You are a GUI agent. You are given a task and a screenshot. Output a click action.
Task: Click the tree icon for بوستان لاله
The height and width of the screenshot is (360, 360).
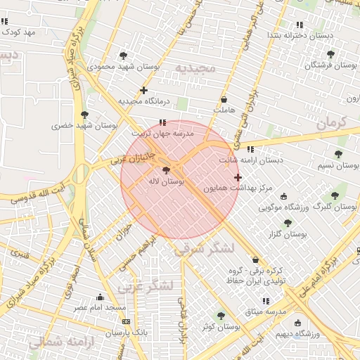(x=166, y=170)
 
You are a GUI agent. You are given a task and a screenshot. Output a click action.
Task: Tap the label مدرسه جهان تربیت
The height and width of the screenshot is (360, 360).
(x=162, y=133)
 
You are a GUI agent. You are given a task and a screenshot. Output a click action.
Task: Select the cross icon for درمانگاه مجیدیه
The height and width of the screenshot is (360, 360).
(x=143, y=90)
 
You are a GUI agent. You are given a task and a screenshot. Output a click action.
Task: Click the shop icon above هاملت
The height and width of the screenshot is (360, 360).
(x=224, y=100)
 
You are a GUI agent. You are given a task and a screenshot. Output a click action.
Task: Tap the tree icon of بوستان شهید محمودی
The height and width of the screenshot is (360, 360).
(x=124, y=55)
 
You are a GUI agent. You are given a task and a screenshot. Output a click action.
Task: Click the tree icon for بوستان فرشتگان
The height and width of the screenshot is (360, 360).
(x=330, y=54)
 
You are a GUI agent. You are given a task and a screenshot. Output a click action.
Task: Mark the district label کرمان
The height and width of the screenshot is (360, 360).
(x=332, y=122)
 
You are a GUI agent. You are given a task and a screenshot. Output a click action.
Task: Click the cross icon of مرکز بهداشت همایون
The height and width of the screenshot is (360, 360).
(x=238, y=177)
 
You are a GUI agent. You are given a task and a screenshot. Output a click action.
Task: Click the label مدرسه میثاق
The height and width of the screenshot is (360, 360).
(x=266, y=311)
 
